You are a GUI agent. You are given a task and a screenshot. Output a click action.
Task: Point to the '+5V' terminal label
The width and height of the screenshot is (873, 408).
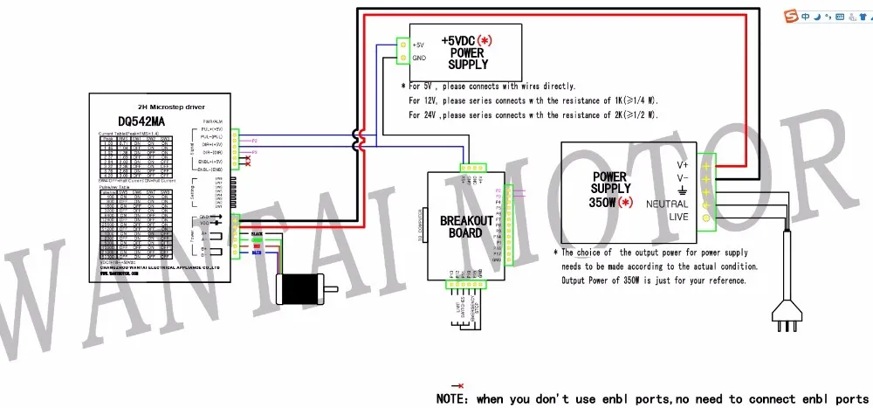click(x=418, y=45)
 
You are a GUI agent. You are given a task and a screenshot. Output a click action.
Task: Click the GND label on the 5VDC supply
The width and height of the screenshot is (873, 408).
click(x=418, y=59)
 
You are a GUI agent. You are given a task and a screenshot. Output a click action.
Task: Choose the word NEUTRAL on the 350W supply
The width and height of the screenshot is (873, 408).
click(x=667, y=203)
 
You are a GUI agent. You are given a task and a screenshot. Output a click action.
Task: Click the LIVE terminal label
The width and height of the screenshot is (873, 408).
click(x=679, y=218)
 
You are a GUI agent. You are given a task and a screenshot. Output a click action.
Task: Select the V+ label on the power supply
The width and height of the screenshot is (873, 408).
click(x=683, y=164)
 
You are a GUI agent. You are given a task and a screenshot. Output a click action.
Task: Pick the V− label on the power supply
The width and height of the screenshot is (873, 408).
click(x=683, y=177)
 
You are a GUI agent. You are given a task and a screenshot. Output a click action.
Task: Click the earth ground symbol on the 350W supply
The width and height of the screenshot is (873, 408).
click(x=682, y=190)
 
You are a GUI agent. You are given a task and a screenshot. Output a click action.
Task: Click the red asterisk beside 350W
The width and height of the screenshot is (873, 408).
click(x=624, y=203)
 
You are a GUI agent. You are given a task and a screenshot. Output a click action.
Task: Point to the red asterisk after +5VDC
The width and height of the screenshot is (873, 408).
click(x=484, y=41)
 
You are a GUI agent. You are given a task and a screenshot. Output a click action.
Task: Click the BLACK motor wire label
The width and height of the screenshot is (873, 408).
click(x=257, y=235)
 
